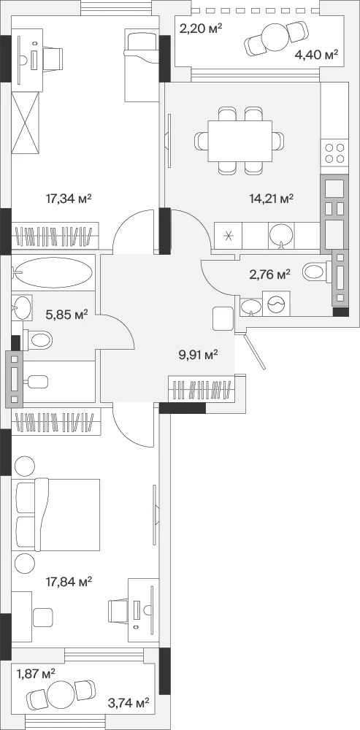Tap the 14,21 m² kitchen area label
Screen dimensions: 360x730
[x=271, y=199]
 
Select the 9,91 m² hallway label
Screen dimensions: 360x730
[x=199, y=356]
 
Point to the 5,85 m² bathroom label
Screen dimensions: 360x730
[x=67, y=315]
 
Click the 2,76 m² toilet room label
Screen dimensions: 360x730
[x=269, y=274]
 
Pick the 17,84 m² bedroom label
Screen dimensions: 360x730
[x=69, y=582]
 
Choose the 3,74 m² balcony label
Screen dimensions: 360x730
[x=128, y=702]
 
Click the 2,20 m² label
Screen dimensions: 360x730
[x=201, y=30]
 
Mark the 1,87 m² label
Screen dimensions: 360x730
[x=36, y=673]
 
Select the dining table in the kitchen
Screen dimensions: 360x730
[x=240, y=141]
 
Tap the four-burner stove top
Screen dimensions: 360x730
[x=335, y=153]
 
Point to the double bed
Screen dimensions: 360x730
[x=58, y=515]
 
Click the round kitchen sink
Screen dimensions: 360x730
[x=281, y=234]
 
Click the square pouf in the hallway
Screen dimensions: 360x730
[x=223, y=318]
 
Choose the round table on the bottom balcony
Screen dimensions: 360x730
[x=61, y=694]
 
